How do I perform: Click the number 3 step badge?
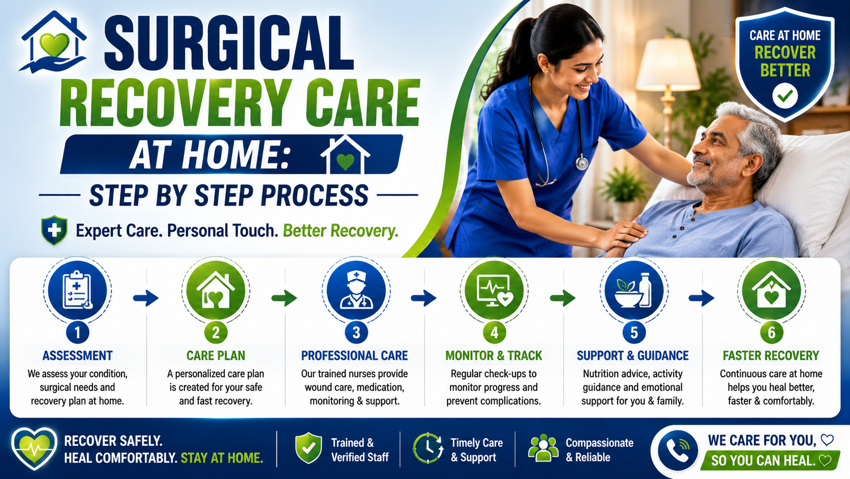(x=356, y=332)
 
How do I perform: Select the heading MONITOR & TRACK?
(x=494, y=355)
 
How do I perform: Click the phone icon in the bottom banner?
(x=678, y=450)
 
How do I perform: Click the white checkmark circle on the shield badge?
(x=785, y=95)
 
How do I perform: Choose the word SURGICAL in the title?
(x=229, y=43)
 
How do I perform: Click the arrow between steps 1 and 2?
(x=146, y=298)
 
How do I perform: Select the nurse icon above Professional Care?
(x=356, y=291)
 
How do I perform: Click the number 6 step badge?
(x=771, y=332)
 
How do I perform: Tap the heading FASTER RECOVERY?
(x=771, y=355)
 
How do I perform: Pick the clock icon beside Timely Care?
(x=428, y=448)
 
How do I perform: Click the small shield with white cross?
(x=54, y=230)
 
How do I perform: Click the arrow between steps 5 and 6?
(x=701, y=298)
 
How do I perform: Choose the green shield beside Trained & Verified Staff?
(x=309, y=448)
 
